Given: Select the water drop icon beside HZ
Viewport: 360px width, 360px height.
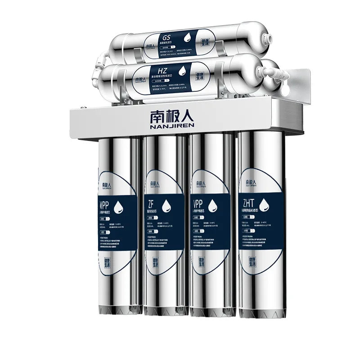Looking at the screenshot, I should [183, 70].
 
